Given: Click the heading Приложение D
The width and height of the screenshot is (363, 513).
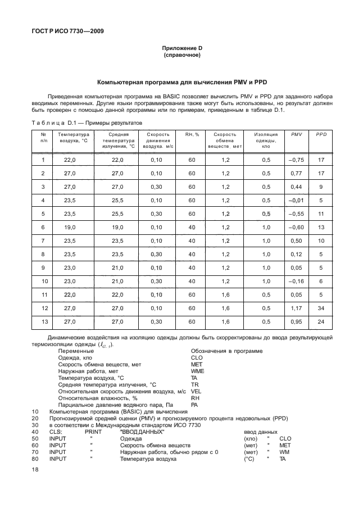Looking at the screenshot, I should (x=182, y=49).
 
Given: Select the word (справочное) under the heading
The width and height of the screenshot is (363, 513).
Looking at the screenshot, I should (x=182, y=56).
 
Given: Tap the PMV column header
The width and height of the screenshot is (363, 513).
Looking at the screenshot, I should (x=296, y=135).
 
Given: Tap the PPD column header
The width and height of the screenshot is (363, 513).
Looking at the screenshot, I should (x=321, y=135).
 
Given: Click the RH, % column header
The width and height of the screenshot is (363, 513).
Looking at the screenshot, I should (x=192, y=135).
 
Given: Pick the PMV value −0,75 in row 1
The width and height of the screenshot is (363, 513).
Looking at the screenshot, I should (x=296, y=160).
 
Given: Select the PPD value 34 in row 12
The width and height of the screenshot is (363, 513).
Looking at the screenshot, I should (x=321, y=308).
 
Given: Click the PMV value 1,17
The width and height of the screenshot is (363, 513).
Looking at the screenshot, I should (x=296, y=308).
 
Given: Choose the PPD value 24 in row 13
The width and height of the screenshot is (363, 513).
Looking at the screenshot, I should (x=321, y=321).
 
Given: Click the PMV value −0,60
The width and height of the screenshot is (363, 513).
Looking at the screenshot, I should (x=296, y=227).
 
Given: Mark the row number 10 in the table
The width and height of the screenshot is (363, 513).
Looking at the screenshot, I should (x=43, y=281).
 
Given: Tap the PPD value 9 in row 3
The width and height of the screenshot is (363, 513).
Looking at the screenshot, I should (x=321, y=187).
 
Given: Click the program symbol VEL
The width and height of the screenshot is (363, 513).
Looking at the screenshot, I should (x=196, y=391).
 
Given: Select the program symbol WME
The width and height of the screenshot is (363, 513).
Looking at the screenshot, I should (x=197, y=371).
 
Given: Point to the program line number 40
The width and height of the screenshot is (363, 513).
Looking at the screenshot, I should (x=35, y=432).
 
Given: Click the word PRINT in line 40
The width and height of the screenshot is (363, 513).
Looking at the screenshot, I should (x=93, y=432).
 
